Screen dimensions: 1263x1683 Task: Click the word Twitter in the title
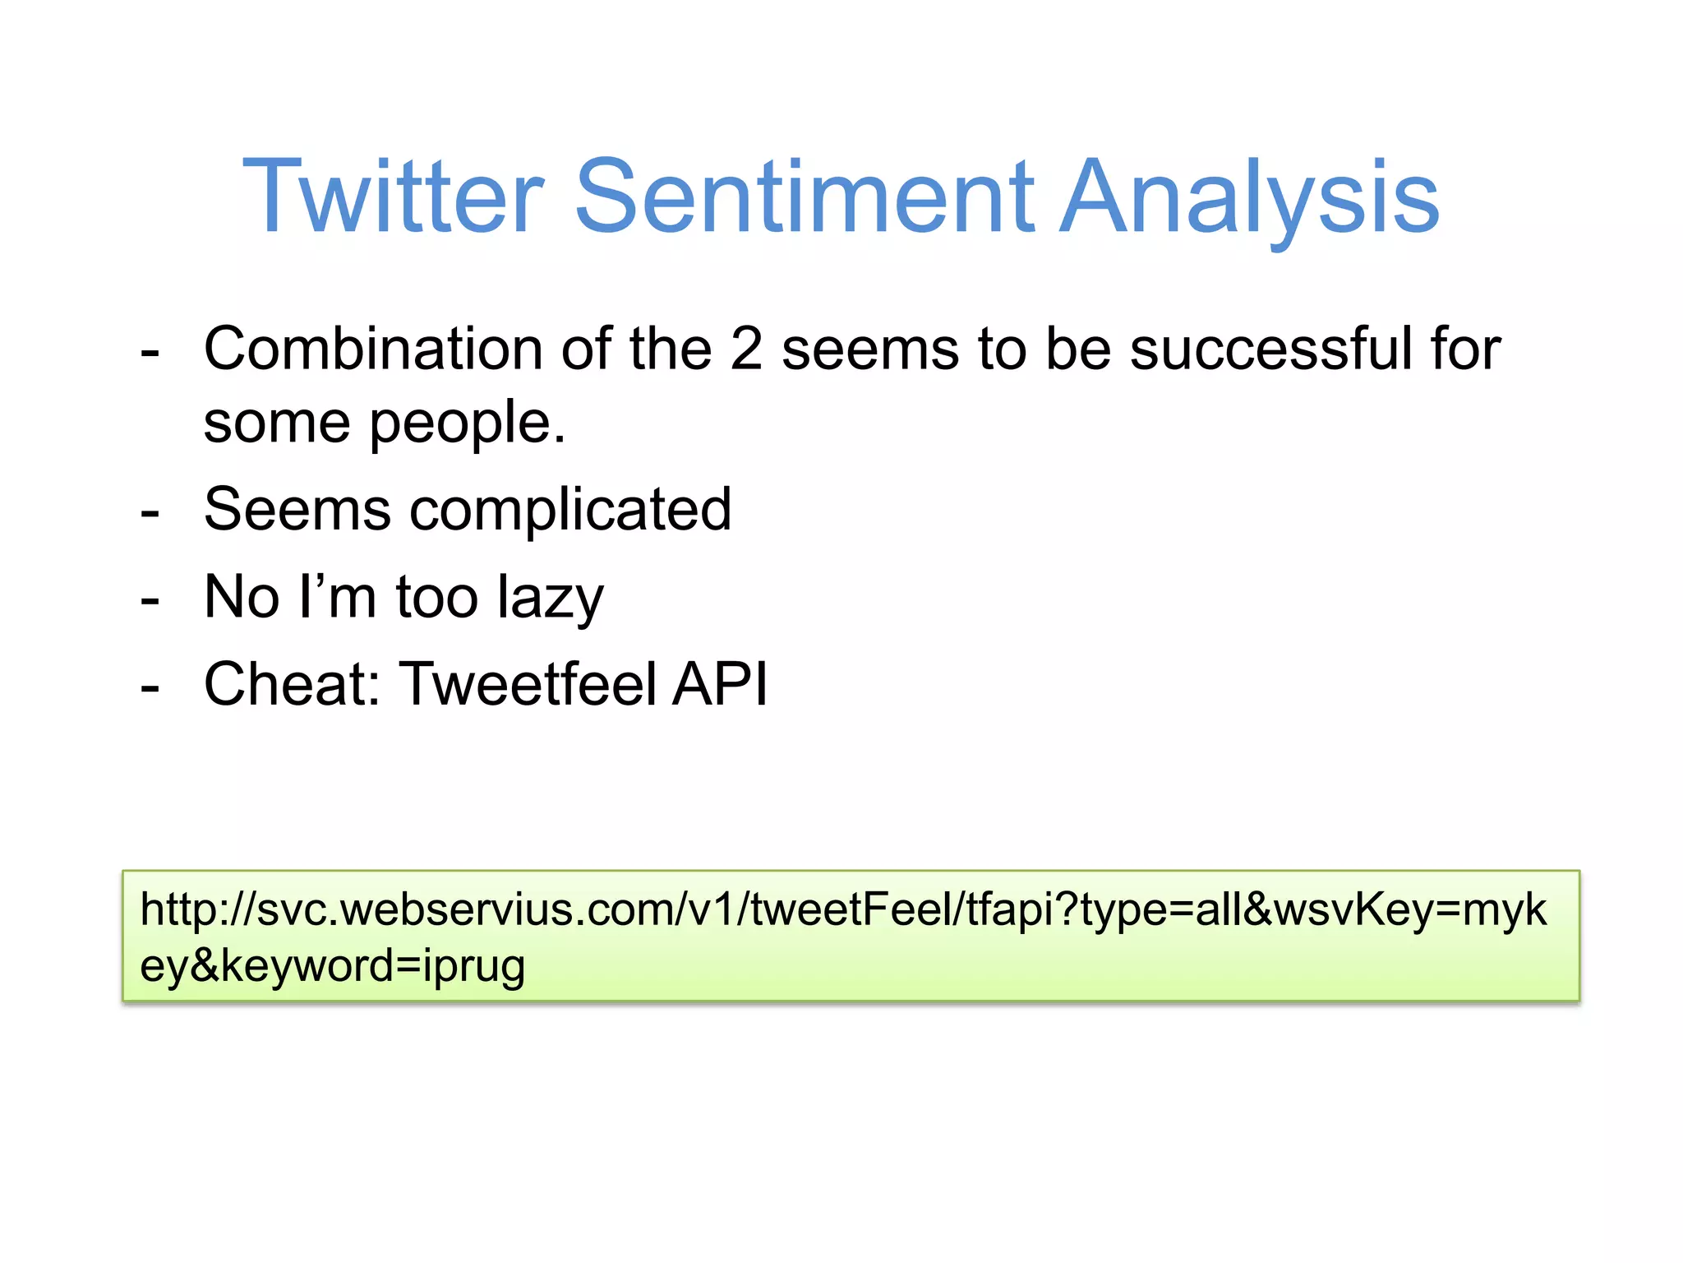pos(393,197)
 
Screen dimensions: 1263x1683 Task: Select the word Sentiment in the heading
pos(804,197)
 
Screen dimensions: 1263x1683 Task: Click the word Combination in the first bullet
pos(372,349)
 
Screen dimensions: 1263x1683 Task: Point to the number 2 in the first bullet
pos(746,349)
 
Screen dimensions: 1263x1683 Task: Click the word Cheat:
pos(292,684)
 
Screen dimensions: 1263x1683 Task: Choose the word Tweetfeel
pos(528,684)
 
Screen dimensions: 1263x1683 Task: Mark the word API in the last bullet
pos(720,684)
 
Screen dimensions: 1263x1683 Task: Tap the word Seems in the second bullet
pos(297,510)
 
